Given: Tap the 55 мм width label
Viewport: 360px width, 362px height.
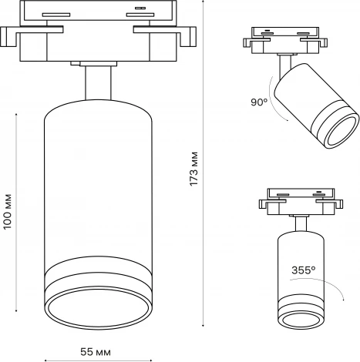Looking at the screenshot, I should [96, 351].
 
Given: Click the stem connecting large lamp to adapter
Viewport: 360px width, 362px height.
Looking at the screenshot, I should [96, 89].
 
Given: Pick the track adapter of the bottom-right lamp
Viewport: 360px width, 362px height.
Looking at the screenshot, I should [297, 202].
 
